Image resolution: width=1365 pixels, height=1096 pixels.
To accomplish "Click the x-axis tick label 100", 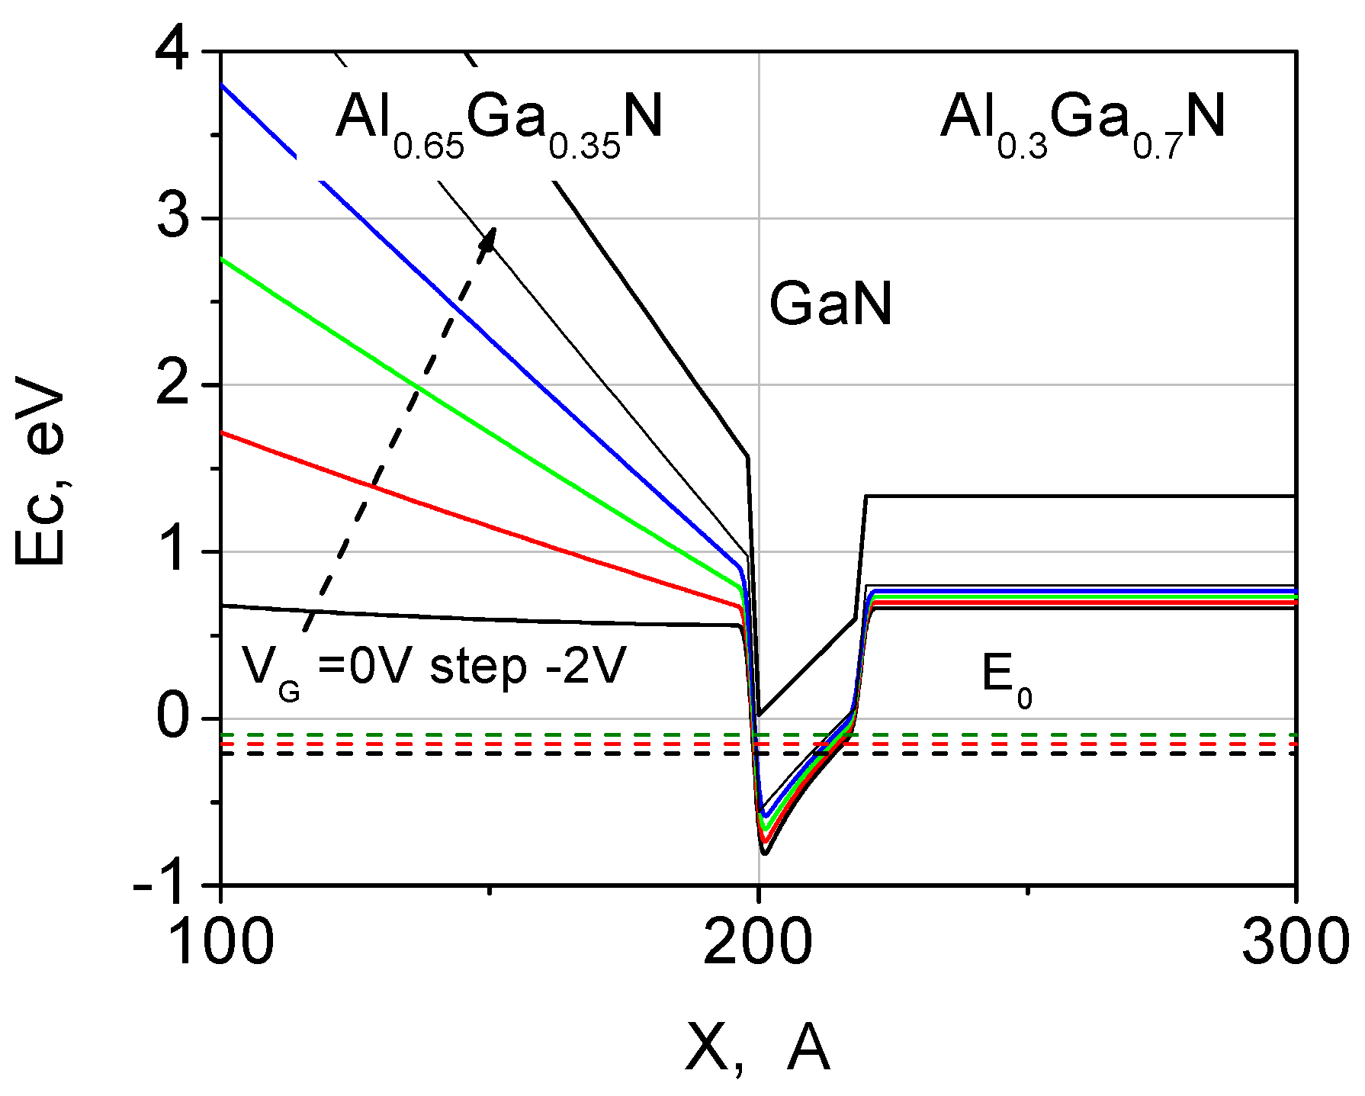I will (x=220, y=943).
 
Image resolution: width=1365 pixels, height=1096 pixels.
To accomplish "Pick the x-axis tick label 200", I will (x=758, y=943).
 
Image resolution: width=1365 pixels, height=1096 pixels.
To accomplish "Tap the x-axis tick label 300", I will (x=1295, y=943).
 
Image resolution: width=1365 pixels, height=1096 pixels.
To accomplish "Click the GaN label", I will (x=830, y=304).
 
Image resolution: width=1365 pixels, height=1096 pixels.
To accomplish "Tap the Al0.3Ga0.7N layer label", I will (x=1083, y=122).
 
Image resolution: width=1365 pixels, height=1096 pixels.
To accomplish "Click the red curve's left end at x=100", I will (x=223, y=432).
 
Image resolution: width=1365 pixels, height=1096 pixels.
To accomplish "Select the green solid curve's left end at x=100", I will (x=223, y=259).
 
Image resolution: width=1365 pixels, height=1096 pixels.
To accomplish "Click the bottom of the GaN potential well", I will (x=765, y=852).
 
